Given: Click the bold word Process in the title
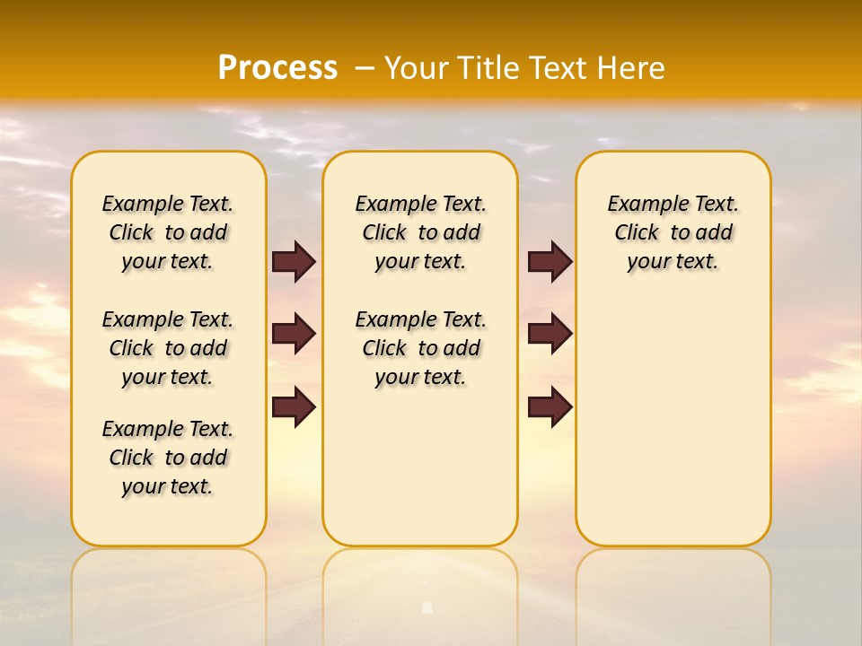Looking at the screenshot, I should (277, 68).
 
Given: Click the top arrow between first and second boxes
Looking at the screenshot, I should (294, 261).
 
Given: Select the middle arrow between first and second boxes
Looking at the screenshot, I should (294, 334).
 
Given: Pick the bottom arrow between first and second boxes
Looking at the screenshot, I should (294, 407).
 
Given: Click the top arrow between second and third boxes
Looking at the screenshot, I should (550, 261).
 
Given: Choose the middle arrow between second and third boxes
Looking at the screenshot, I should (550, 334).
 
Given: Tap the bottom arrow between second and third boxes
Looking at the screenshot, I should (550, 407).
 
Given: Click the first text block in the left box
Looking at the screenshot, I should (168, 232).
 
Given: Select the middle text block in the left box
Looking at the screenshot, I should (168, 348).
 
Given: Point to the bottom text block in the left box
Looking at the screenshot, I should (168, 458).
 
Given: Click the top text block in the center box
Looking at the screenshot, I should (420, 232).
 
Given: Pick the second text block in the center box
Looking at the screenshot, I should (420, 348).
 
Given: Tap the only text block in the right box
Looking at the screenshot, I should (673, 232).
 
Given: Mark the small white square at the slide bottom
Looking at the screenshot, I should (427, 607).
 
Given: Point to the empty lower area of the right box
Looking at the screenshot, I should (673, 422).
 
